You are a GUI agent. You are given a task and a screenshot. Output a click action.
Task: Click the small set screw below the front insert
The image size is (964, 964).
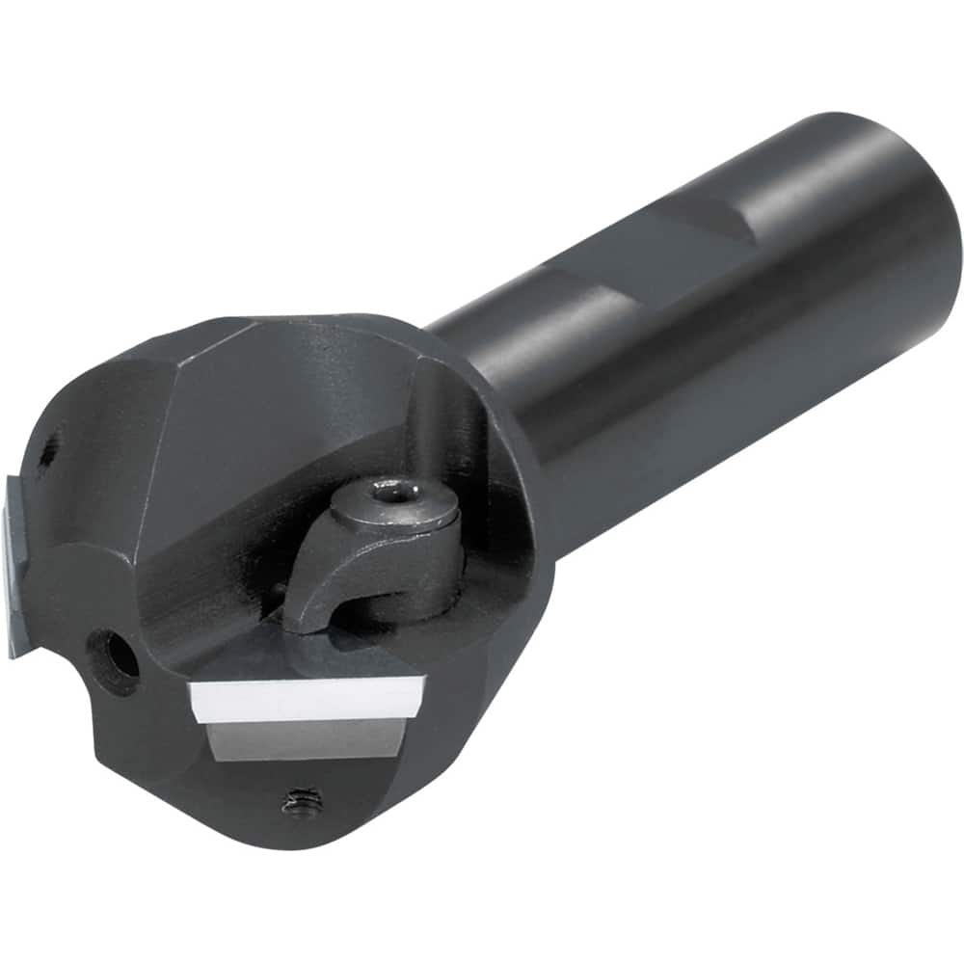(x=302, y=801)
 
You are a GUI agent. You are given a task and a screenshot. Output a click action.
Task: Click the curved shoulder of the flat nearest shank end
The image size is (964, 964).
(x=737, y=222)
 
